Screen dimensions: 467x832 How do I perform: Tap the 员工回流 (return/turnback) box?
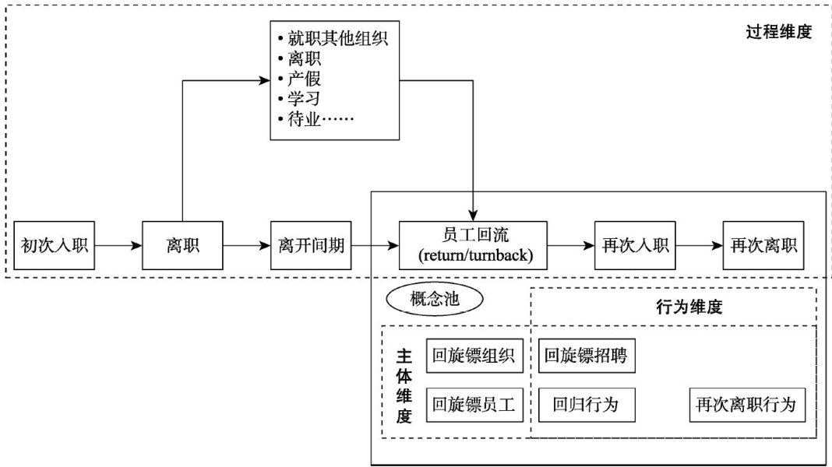coord(473,245)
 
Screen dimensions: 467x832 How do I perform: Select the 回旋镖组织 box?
coord(474,356)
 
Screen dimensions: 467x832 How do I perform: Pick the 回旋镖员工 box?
coord(474,406)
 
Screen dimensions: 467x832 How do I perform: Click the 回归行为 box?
coord(584,406)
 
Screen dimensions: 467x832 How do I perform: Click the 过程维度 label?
coord(778,33)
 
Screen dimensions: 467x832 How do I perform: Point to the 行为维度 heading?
coord(690,307)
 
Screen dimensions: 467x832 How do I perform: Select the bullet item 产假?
coord(304,79)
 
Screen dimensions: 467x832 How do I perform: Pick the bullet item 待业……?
coord(319,121)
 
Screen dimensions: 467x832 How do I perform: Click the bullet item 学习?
coord(304,100)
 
